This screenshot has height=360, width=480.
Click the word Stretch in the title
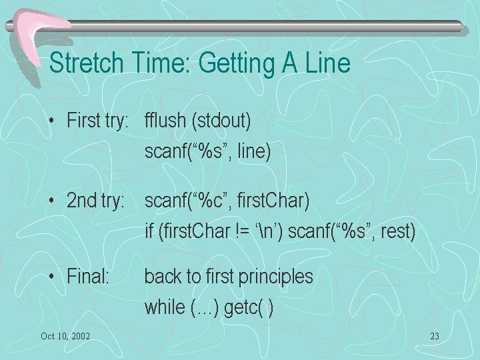click(86, 63)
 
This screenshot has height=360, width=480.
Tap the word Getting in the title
click(237, 64)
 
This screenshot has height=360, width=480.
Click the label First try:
click(97, 120)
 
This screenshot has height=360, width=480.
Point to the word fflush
click(165, 120)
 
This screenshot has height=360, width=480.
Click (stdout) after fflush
click(221, 121)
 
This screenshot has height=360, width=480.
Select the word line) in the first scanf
click(254, 151)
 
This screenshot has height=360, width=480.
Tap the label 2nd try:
click(95, 201)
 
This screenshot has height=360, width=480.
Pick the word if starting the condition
click(149, 231)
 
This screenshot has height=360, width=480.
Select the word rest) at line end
click(398, 231)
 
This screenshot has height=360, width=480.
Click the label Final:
click(88, 276)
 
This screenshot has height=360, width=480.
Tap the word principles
click(275, 277)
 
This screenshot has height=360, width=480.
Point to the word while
click(165, 307)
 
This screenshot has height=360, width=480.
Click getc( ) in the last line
click(249, 308)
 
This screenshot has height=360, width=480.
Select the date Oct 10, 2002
click(65, 336)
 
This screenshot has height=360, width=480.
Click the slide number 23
click(435, 336)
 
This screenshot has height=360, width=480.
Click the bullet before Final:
click(51, 277)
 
